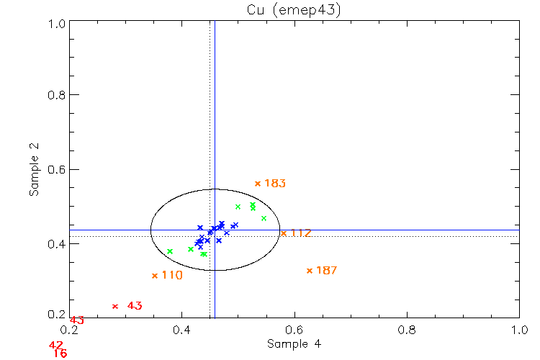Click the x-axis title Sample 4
point(294,344)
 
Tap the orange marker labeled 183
point(258,184)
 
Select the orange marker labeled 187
point(310,271)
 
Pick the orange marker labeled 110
point(155,276)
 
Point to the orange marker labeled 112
point(284,233)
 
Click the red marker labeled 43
point(115,307)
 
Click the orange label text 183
point(275,184)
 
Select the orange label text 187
point(327,271)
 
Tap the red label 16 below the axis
point(60,354)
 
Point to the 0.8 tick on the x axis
point(407,329)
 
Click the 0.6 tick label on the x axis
point(294,329)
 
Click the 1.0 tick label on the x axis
point(519,329)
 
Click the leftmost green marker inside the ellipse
point(170,251)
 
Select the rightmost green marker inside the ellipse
point(264,218)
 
